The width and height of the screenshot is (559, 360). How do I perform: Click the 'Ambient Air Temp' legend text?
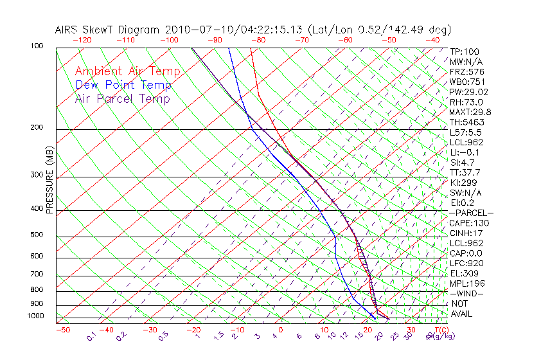coord(127,71)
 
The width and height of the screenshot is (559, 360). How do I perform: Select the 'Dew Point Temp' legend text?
coord(123,85)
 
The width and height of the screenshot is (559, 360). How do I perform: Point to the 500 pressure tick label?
coord(37,235)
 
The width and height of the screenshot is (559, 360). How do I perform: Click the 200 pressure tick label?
coord(37,127)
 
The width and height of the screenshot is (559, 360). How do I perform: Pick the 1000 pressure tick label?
coord(36,316)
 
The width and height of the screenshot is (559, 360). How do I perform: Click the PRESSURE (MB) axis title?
coord(49,179)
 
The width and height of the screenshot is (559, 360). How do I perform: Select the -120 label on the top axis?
coord(81,40)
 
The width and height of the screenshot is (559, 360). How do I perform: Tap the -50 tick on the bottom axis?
coord(62,330)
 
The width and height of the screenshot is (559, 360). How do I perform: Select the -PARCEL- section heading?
coord(471,213)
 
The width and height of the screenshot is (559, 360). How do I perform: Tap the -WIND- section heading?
coord(466,293)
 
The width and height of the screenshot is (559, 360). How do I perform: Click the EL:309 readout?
coord(464,273)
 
